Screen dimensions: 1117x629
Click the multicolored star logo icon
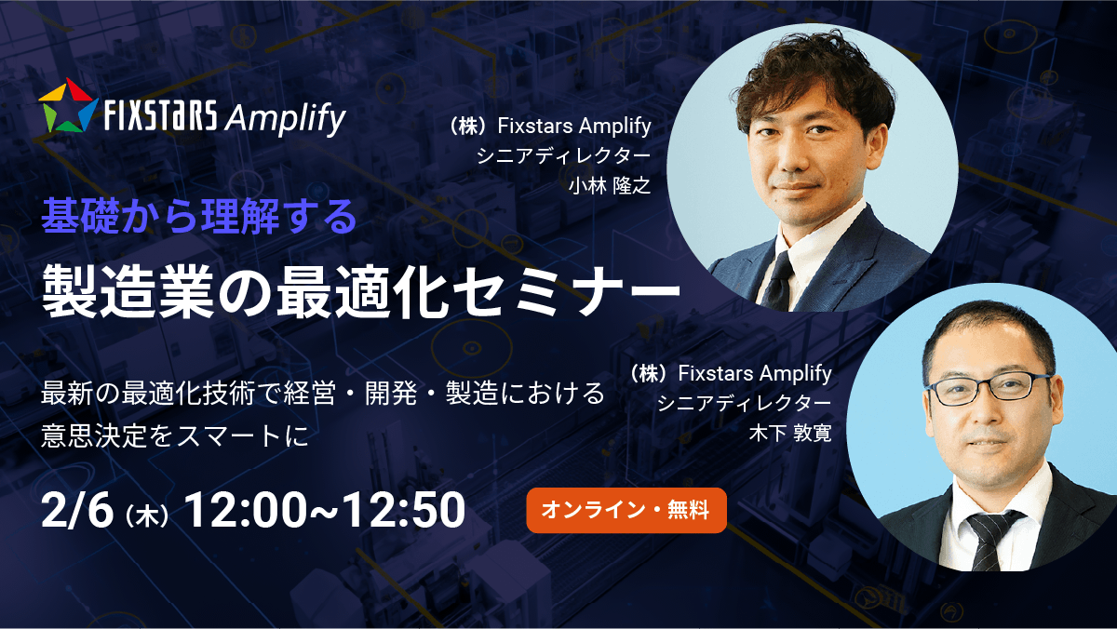click(68, 105)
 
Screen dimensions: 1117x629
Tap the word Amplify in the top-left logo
click(285, 119)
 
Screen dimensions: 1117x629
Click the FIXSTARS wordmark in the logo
click(160, 114)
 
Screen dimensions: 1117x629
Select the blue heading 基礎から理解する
click(199, 216)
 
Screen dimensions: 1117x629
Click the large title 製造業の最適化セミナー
click(361, 291)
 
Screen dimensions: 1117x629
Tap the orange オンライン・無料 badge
click(626, 510)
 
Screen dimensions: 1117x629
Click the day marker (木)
click(147, 515)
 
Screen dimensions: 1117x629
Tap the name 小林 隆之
click(610, 186)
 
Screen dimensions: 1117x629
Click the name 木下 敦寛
click(790, 433)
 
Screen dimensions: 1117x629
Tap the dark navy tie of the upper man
click(778, 282)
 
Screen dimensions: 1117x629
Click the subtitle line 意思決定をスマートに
click(175, 435)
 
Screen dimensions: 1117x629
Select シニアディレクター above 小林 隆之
click(563, 156)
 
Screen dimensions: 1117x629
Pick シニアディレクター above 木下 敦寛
click(744, 403)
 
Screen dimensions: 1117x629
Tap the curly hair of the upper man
click(813, 74)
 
